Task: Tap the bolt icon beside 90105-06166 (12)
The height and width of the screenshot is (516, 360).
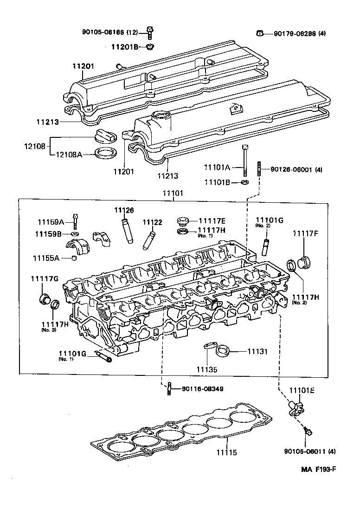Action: [150, 32]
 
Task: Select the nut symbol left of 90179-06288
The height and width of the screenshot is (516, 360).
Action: [261, 33]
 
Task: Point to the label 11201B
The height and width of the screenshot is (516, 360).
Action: [125, 47]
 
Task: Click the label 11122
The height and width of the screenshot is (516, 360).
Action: [152, 222]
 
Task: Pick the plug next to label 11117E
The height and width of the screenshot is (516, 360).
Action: [183, 220]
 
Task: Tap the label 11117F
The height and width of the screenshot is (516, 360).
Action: [305, 233]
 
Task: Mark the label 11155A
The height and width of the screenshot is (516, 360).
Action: [45, 258]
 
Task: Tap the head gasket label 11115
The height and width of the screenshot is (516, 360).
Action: [227, 451]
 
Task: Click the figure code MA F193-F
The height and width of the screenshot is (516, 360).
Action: [318, 469]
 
